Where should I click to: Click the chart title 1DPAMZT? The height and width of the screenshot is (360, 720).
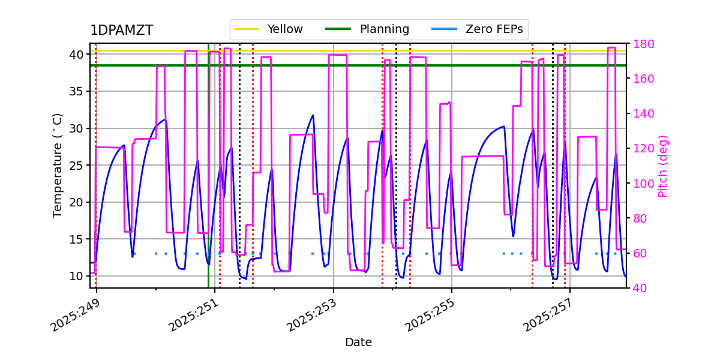121,31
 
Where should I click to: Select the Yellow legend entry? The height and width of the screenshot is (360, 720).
284,29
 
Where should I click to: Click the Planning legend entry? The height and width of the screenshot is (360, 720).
384,29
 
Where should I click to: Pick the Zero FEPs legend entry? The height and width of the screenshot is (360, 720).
494,29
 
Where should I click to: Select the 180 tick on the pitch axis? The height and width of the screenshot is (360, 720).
641,44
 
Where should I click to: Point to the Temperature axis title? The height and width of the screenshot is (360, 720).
58,165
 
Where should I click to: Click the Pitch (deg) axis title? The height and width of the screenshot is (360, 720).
663,166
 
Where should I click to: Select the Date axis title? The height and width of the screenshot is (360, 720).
358,343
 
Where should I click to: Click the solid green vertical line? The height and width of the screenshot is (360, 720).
208,180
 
